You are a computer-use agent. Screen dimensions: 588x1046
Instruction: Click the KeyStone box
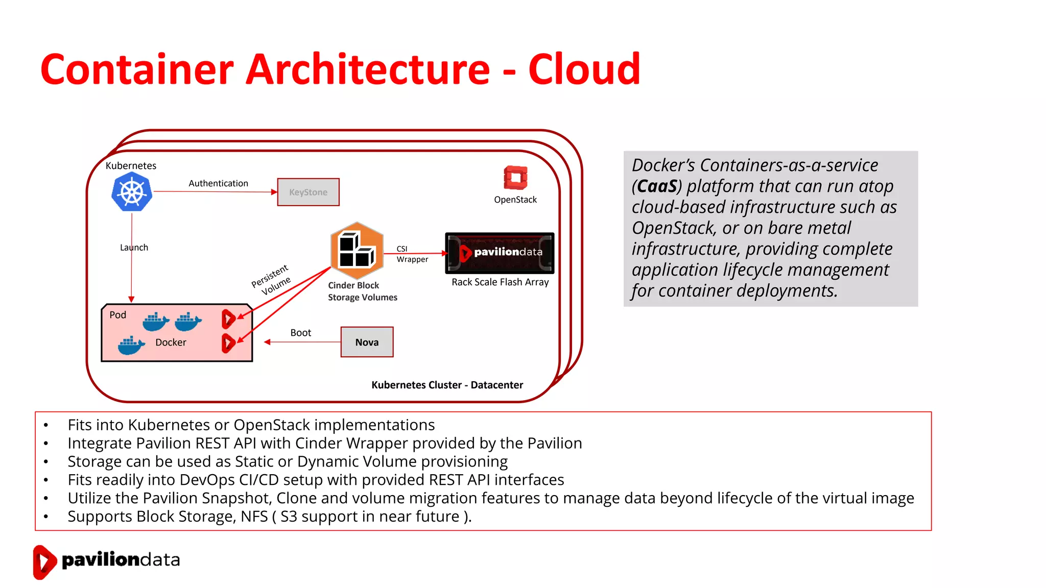click(x=308, y=192)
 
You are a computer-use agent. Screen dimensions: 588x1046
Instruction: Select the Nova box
click(x=367, y=342)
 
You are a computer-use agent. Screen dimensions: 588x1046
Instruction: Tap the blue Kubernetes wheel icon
click(x=132, y=192)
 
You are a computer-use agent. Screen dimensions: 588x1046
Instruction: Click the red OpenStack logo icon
click(x=515, y=178)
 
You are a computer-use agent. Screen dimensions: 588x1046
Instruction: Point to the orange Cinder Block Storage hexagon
click(x=356, y=250)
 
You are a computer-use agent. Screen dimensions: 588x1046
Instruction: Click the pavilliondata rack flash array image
click(x=500, y=253)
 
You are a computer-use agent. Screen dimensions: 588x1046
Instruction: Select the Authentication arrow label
click(x=218, y=183)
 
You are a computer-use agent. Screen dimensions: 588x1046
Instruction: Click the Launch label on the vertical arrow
click(x=134, y=248)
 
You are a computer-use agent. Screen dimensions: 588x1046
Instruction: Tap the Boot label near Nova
click(x=300, y=333)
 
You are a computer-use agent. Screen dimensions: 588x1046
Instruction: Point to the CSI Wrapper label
click(x=412, y=254)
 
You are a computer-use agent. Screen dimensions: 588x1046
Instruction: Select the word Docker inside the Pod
click(x=171, y=342)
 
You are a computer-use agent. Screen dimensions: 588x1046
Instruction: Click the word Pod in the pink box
click(x=117, y=315)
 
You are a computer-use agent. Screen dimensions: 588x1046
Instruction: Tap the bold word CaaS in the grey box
click(x=657, y=186)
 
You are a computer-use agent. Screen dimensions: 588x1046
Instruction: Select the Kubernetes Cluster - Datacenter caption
click(x=447, y=385)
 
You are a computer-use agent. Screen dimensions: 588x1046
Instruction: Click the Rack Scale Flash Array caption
click(x=500, y=282)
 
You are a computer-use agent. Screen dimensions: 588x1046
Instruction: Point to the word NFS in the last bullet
click(x=254, y=517)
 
